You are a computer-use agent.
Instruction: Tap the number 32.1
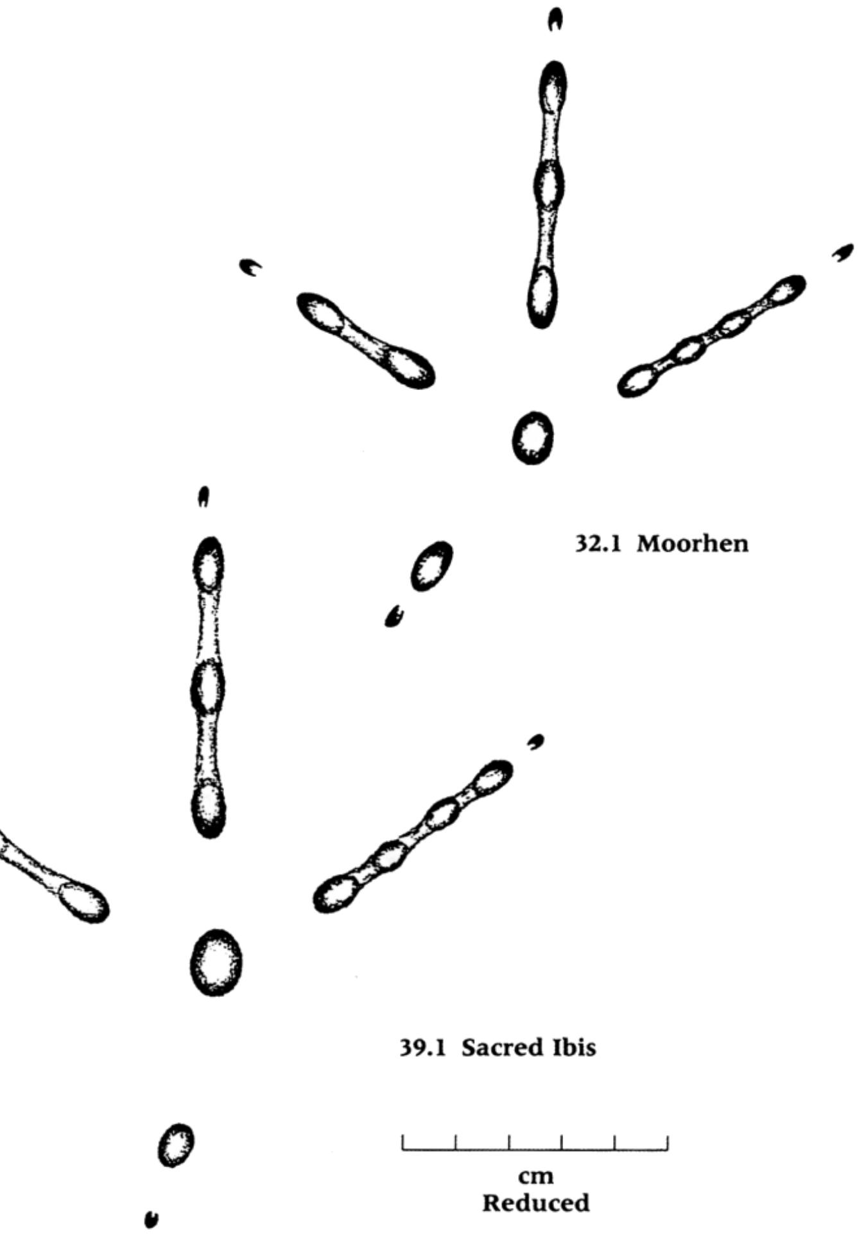[598, 544]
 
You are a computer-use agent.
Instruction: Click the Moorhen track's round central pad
[533, 438]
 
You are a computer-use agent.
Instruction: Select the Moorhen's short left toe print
[365, 340]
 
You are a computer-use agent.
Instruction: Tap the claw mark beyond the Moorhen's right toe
[843, 252]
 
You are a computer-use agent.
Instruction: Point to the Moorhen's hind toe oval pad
[431, 566]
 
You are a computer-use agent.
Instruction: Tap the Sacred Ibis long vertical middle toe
[209, 687]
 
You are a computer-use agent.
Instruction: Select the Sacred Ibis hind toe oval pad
[176, 1145]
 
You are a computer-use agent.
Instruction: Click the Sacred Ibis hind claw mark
[152, 1200]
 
